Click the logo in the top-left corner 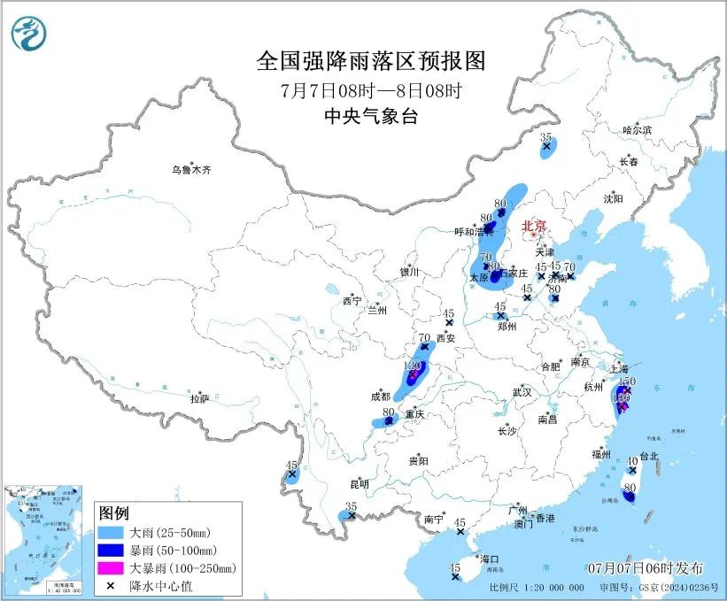click(29, 34)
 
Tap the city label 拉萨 click(199, 399)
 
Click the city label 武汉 click(521, 391)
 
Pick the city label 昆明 click(360, 484)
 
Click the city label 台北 click(648, 457)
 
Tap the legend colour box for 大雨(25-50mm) click(111, 533)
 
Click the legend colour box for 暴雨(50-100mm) click(111, 550)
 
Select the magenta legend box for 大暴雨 click(111, 567)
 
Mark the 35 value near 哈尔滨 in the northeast click(546, 138)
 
